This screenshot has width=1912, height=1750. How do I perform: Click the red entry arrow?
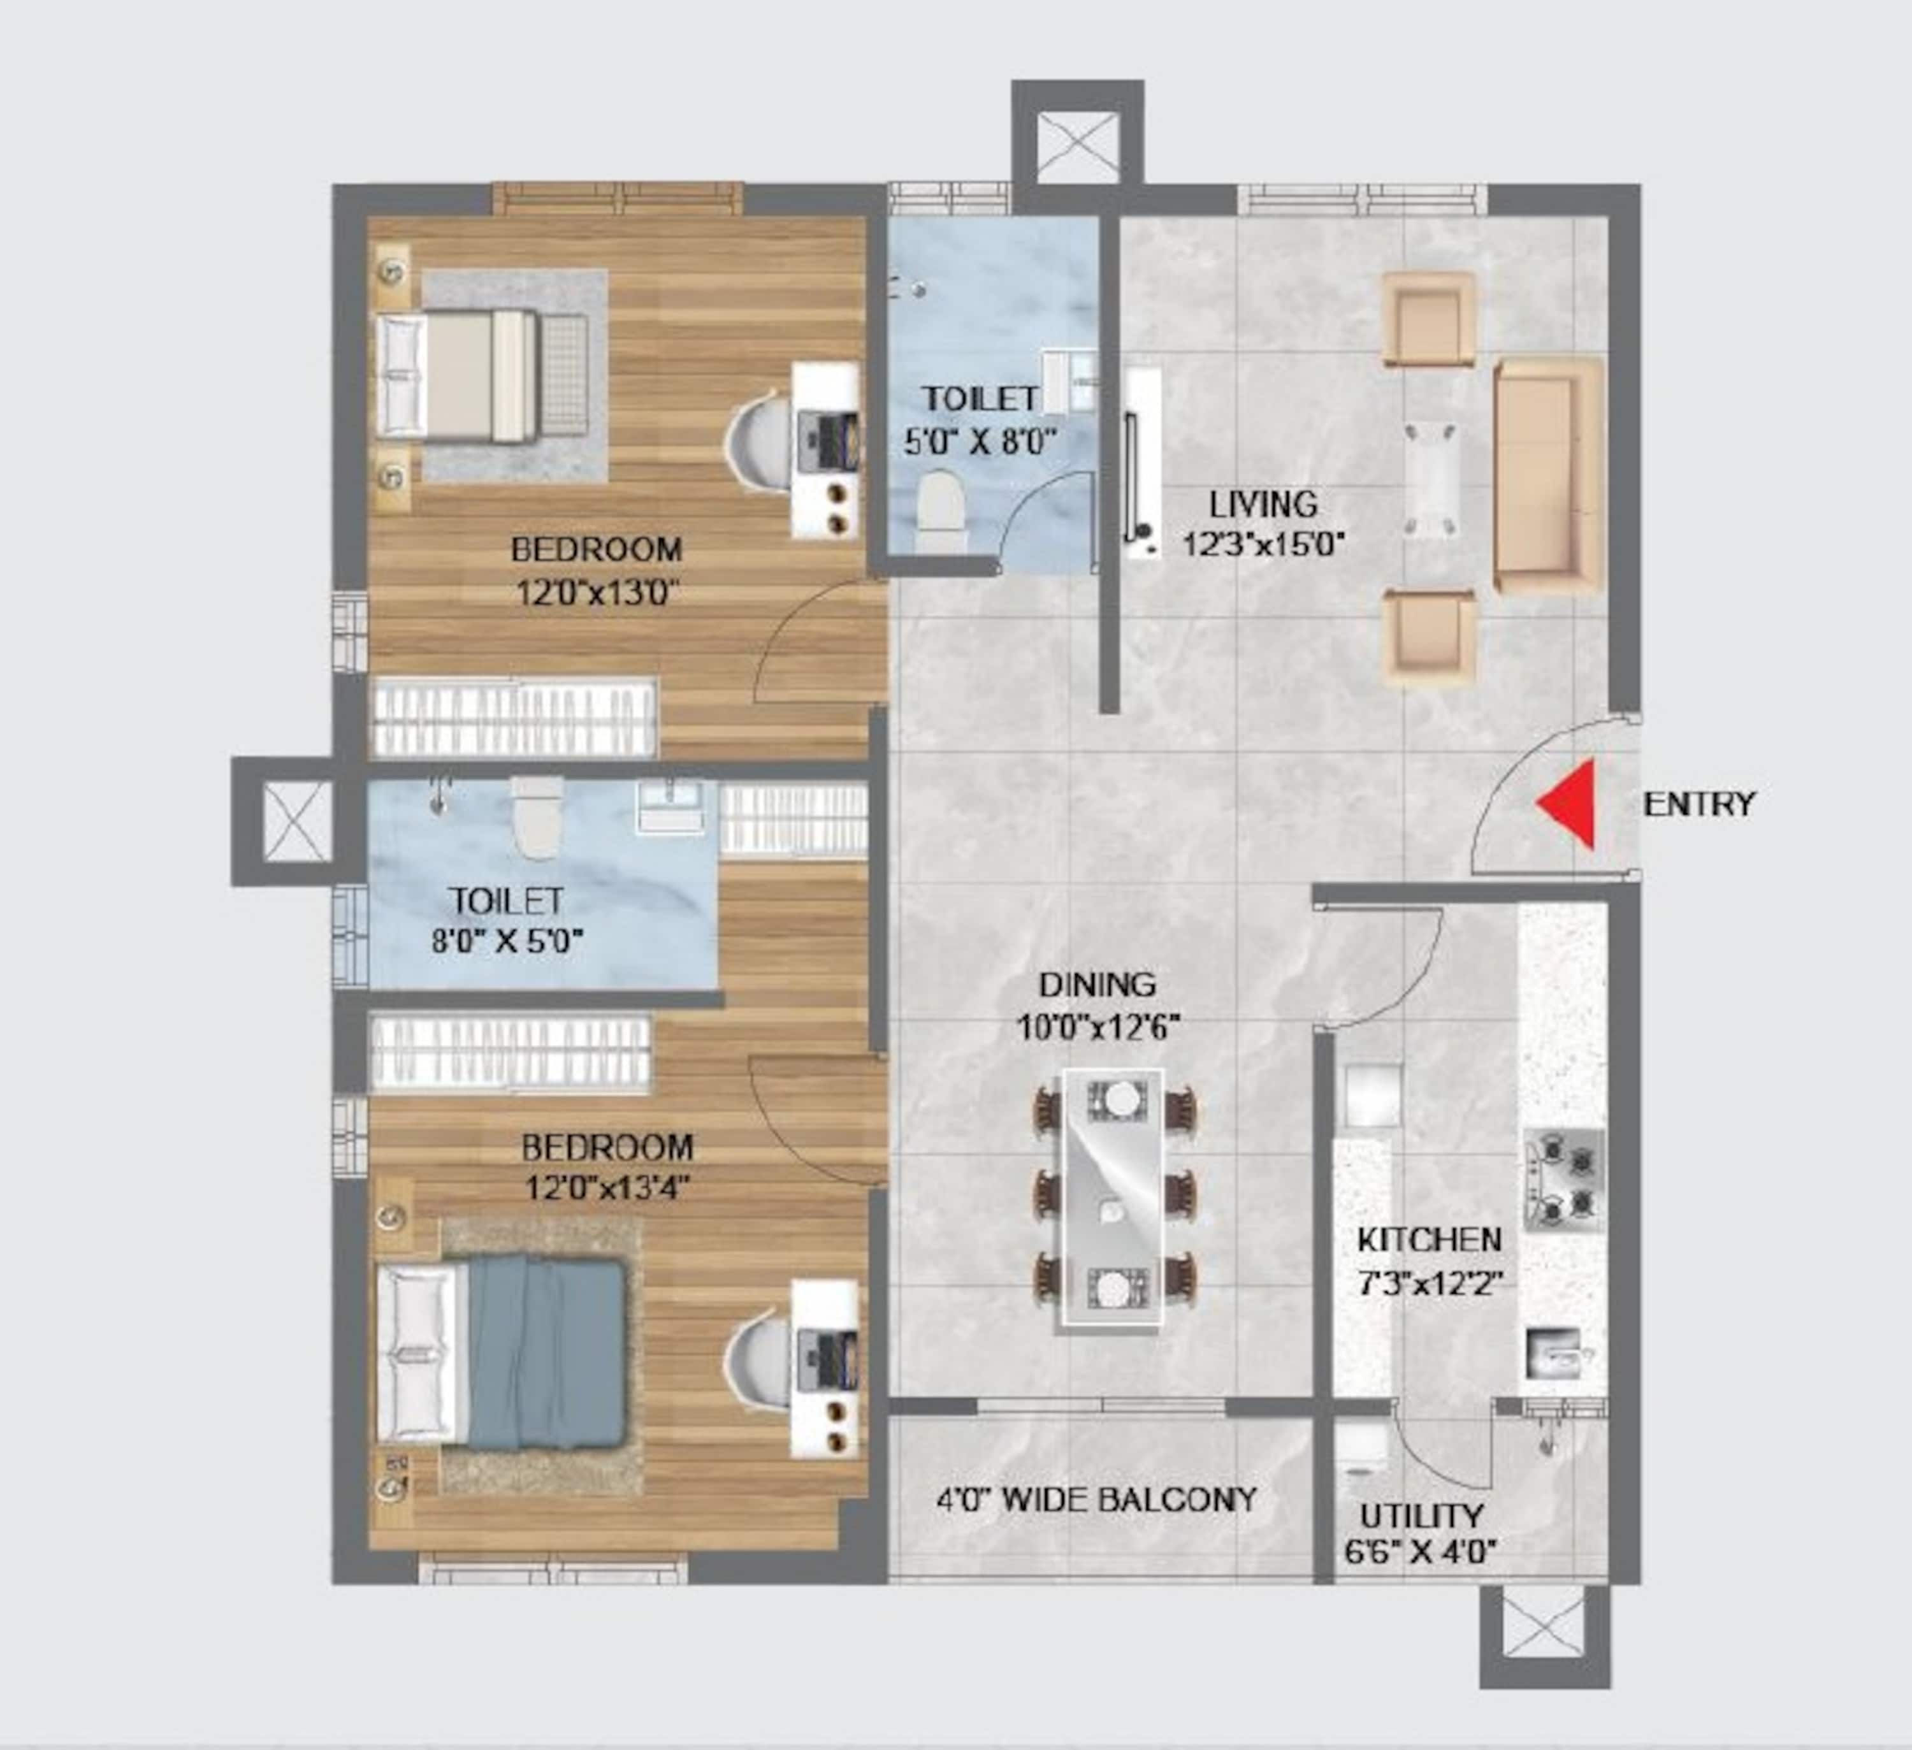tap(1570, 804)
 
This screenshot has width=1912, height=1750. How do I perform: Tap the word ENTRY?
tap(1698, 804)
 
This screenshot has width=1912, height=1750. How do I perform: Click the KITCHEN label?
tap(1430, 1240)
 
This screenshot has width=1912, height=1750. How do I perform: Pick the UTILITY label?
tap(1422, 1515)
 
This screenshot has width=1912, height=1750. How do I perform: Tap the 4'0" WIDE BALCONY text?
tap(1097, 1500)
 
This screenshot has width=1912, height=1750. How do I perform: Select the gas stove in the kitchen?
tap(1564, 1180)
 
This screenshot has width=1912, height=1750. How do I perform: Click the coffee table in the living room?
tap(1431, 480)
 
